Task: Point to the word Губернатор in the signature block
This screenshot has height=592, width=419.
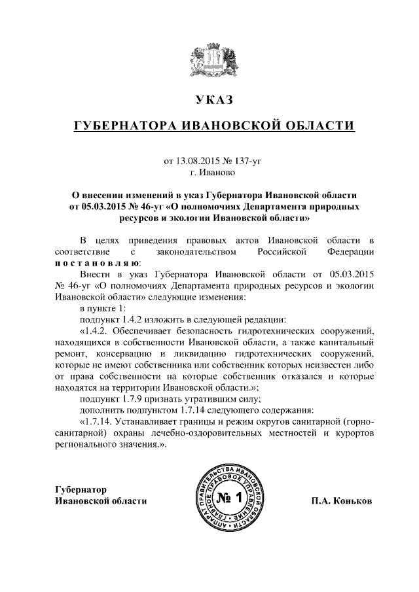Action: tap(81, 489)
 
